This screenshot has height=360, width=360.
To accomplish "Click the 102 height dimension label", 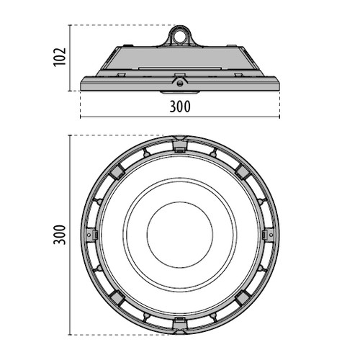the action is [x=60, y=57].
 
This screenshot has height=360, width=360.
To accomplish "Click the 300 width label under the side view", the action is [x=180, y=107].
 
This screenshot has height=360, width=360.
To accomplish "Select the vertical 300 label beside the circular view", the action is [x=60, y=235].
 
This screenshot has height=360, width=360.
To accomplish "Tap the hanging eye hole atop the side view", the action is [x=180, y=35].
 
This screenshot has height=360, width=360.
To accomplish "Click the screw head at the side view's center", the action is [x=179, y=84].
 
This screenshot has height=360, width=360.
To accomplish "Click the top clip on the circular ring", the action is [x=180, y=145].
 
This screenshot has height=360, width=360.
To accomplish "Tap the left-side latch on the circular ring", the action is [x=91, y=235].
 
